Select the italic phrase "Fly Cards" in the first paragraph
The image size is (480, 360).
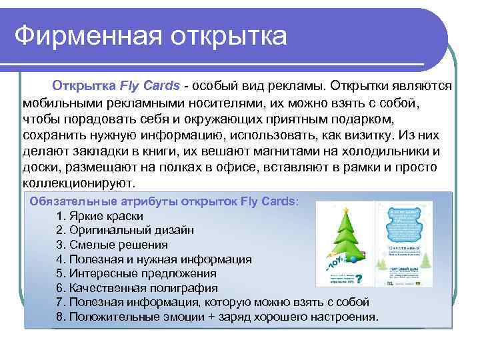pos(149,86)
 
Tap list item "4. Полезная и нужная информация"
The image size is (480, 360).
pos(154,259)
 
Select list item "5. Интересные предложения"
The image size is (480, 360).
pos(137,273)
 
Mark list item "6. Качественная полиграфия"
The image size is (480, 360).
pos(137,287)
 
